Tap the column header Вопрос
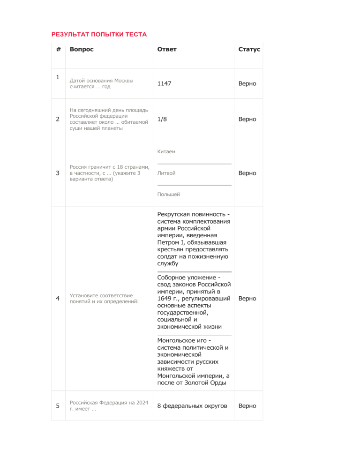tap(82, 49)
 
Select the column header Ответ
tap(167, 49)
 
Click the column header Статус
tap(249, 49)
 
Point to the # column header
tap(58, 49)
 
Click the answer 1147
tap(164, 83)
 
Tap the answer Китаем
tap(166, 152)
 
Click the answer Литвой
tap(166, 173)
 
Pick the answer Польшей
tap(169, 194)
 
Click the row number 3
tap(57, 173)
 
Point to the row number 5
tap(57, 406)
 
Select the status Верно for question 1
tap(247, 83)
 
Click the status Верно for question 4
tap(247, 298)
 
